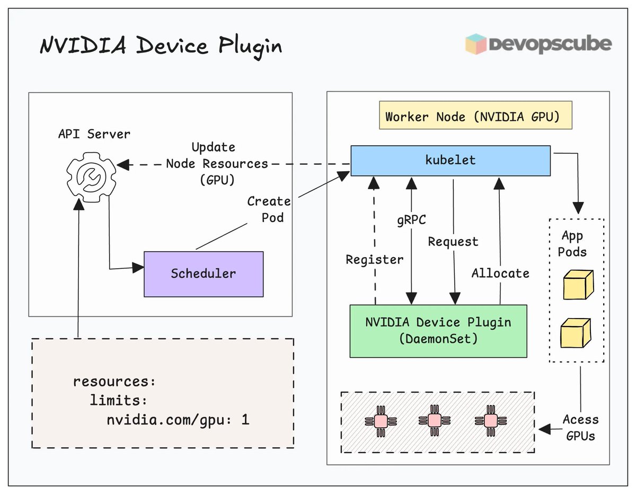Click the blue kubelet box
(450, 161)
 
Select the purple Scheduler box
(204, 274)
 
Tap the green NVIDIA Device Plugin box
(438, 331)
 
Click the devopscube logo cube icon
(475, 45)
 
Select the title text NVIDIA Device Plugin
(161, 47)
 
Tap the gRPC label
(411, 219)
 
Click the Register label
(374, 260)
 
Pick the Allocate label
(500, 274)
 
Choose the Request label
(453, 242)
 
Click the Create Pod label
(269, 209)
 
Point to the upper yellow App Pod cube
(578, 285)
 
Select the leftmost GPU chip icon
(381, 421)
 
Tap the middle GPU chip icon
(434, 421)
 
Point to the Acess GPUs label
(580, 428)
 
